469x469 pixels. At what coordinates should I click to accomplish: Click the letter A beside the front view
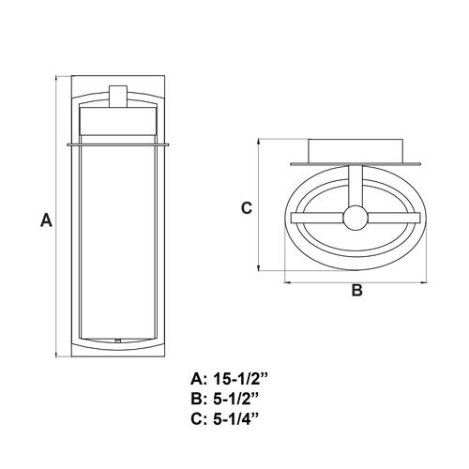click(x=46, y=219)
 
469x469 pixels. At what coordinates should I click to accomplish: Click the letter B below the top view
click(x=356, y=290)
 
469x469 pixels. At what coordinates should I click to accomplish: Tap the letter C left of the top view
click(x=247, y=208)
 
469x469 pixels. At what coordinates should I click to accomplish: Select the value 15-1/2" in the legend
click(x=241, y=379)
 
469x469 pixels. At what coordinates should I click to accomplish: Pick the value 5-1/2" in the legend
click(x=236, y=399)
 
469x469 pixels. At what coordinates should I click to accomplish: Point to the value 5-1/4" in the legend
click(x=236, y=419)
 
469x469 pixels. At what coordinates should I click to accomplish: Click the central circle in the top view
click(x=356, y=218)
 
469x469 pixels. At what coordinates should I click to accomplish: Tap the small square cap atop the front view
click(x=118, y=97)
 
